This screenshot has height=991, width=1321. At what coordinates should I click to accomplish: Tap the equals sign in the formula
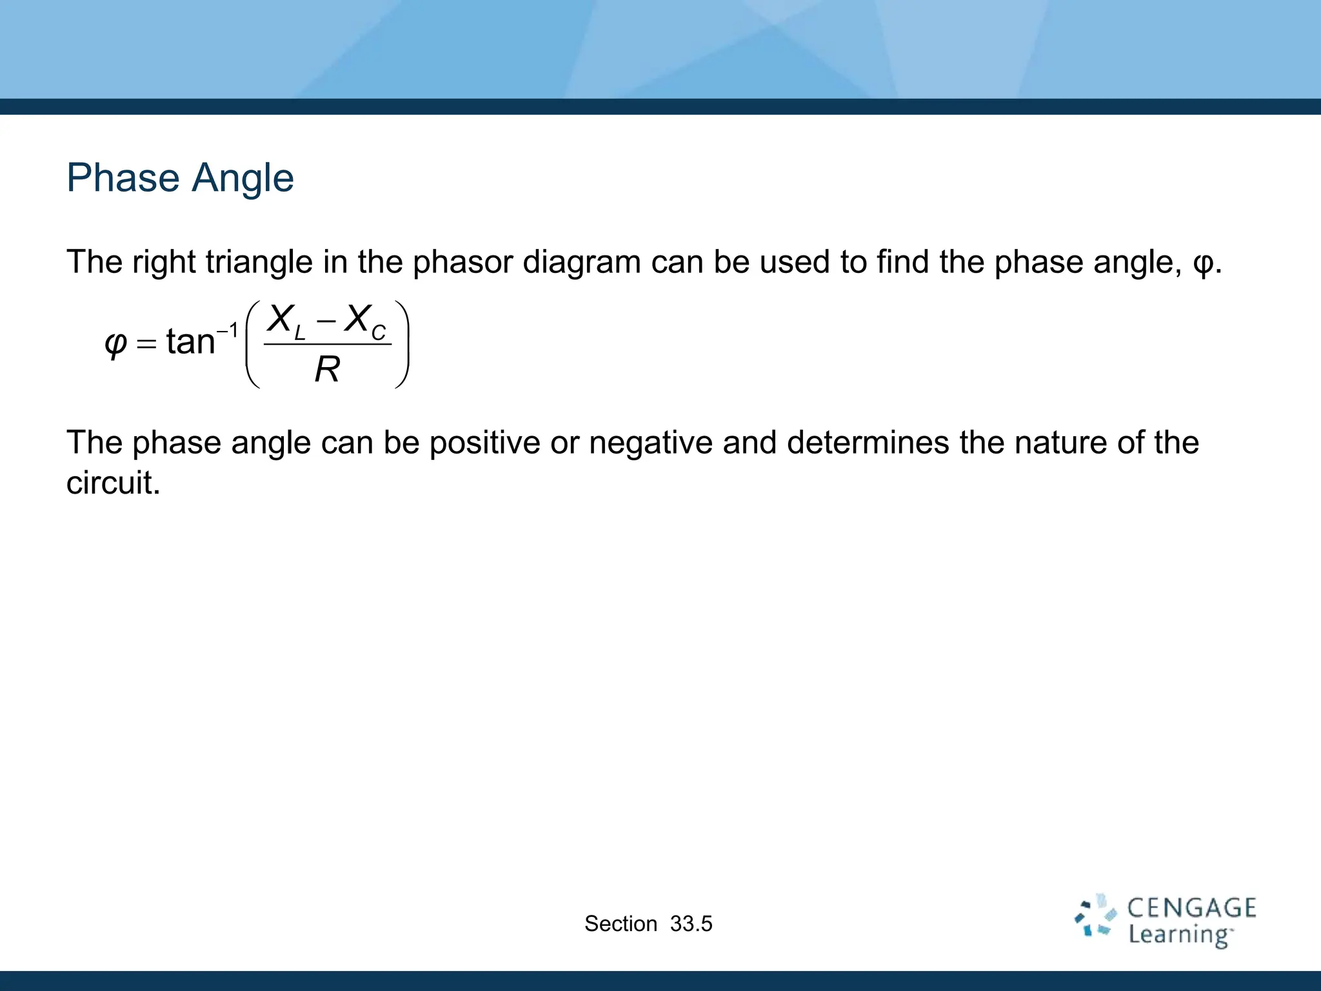tap(147, 343)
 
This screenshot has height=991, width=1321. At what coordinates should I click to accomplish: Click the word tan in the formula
tap(190, 341)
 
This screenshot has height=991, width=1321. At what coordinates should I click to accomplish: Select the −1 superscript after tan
tap(227, 330)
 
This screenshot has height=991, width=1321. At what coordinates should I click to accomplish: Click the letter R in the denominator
tap(327, 370)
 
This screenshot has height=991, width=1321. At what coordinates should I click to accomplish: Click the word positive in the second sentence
tap(484, 443)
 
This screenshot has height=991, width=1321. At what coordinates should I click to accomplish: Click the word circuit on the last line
tap(113, 483)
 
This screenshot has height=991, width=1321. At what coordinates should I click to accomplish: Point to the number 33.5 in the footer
tap(691, 924)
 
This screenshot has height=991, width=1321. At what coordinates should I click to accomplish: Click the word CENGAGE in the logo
tap(1191, 908)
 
